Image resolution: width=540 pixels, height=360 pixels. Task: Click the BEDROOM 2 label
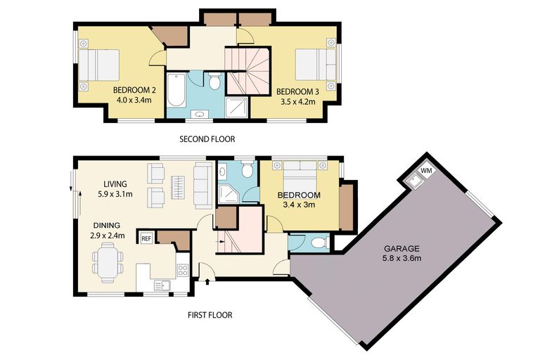click(x=135, y=90)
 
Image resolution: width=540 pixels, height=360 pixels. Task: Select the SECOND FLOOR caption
click(x=207, y=139)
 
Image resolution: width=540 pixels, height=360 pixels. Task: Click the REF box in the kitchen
click(x=146, y=238)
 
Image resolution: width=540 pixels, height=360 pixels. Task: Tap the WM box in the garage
click(x=426, y=171)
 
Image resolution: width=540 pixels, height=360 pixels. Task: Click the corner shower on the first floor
click(x=228, y=194)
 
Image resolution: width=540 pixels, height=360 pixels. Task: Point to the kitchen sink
click(x=163, y=285)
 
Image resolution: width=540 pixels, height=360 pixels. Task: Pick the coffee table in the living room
click(x=178, y=186)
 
